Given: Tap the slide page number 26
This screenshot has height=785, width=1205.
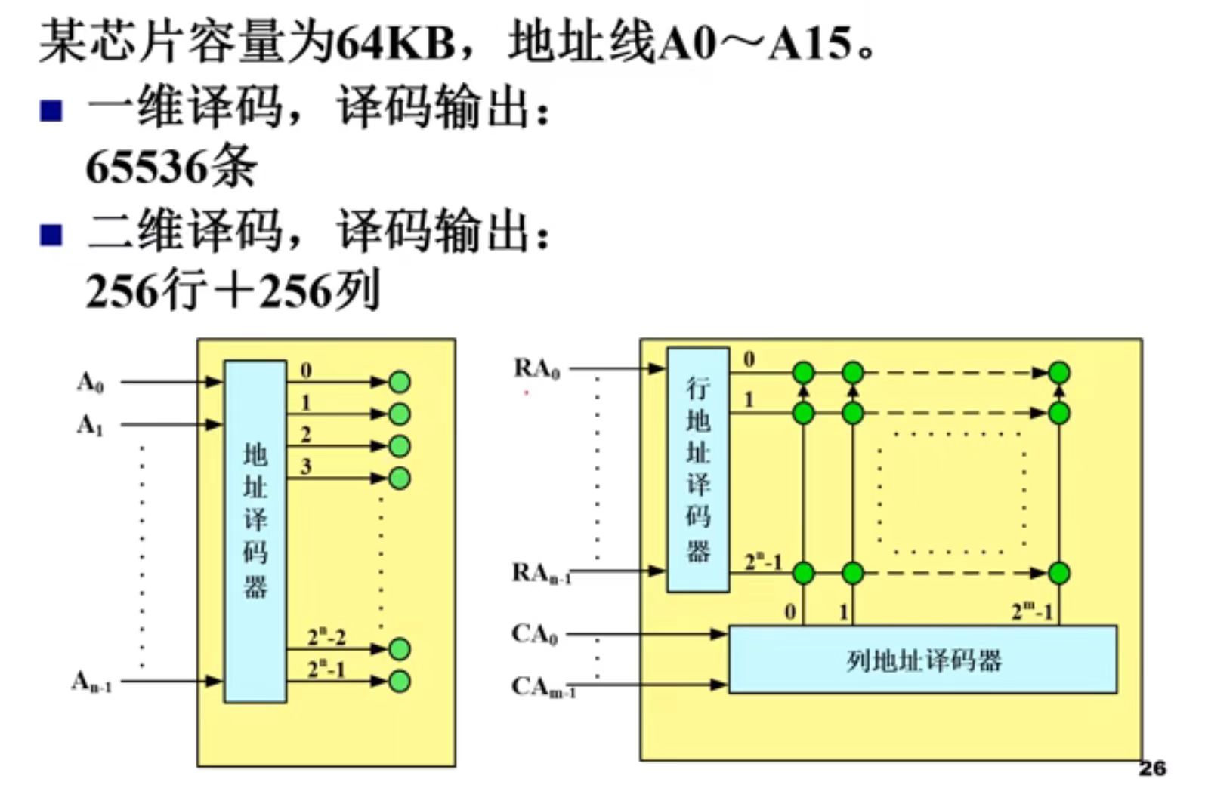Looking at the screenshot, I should coord(1151,768).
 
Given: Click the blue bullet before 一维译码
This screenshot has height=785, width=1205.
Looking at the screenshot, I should coord(51,112).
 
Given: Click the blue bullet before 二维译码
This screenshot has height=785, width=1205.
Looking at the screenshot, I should coord(51,235).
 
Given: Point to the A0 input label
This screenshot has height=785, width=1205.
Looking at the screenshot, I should coord(90,383).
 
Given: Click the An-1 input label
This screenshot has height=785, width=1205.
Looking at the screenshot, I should coord(91,682).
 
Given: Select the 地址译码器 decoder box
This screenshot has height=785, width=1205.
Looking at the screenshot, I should coord(255,531).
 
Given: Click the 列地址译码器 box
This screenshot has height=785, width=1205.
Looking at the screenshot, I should coord(922,660).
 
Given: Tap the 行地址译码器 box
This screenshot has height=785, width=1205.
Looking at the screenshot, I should coord(697,469).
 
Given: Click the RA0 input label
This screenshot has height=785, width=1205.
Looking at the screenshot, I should coord(536,369).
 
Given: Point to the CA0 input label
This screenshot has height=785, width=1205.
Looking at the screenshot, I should coord(534,634).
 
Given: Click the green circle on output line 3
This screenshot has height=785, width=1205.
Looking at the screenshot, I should coord(399,478).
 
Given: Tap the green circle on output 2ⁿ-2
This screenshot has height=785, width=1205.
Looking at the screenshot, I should coord(399,648).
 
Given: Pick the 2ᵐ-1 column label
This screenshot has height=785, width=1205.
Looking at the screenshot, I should coord(1033,611).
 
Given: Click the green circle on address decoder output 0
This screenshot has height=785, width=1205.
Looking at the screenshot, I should coord(399,382).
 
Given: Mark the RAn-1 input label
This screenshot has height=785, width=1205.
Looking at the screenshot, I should coord(541,574).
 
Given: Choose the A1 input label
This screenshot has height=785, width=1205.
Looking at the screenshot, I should coord(90,426).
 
